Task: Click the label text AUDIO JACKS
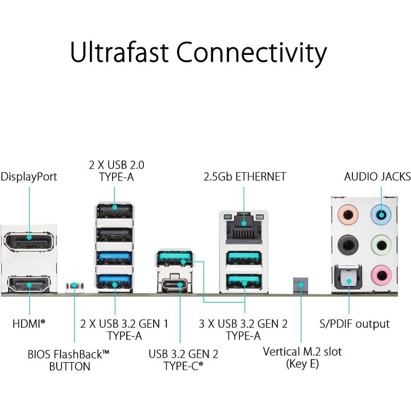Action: click(377, 177)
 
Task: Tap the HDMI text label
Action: click(28, 324)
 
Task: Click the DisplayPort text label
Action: click(29, 177)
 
